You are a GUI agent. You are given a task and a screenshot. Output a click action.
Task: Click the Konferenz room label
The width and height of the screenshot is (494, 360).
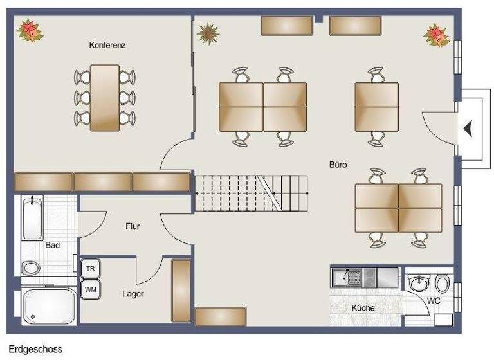coord(107,46)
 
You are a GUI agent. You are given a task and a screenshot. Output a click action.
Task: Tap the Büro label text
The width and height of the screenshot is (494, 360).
coord(338,165)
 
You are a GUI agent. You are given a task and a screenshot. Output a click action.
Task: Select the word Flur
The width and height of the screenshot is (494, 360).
coord(133,226)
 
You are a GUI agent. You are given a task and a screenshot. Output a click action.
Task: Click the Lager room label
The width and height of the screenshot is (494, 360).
coord(133,294)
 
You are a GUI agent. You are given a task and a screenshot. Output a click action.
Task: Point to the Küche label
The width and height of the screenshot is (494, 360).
coord(363,308)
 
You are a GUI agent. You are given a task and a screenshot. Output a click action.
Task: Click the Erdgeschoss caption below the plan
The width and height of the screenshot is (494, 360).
coord(35,350)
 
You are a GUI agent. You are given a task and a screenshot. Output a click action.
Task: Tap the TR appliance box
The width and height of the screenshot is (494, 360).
coord(91,268)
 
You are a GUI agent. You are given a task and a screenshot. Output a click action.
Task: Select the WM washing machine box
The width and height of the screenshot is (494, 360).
coord(91,289)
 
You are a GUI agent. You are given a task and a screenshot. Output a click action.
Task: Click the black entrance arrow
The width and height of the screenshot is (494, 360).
coord(468,129)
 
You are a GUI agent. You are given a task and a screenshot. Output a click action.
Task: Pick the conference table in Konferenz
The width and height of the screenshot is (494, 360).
coord(105,97)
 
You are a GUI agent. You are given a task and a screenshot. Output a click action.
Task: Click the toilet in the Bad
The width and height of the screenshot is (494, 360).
coord(31,267)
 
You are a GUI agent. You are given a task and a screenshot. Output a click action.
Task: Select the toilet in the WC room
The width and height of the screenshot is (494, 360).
coord(442,283)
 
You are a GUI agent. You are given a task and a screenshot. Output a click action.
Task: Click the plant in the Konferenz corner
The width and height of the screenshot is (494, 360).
coord(28,30)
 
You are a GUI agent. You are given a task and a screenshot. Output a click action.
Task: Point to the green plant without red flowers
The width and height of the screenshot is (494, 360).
coord(208,33)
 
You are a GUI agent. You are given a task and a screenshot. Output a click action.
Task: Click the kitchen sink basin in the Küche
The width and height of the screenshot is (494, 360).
coord(353,277)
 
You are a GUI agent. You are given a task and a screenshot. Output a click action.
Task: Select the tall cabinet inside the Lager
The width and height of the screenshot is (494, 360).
coord(181,290)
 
